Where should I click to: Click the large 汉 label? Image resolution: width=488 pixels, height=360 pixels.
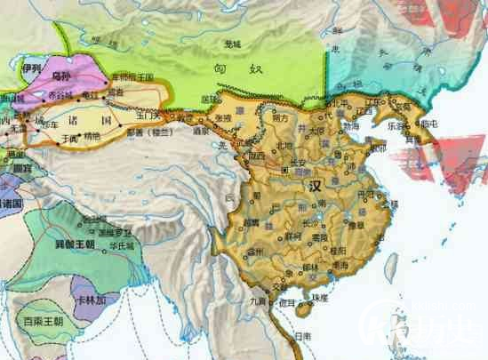314,188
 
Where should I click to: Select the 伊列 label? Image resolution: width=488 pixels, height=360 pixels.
32,67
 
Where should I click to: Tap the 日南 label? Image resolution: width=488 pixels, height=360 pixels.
303,336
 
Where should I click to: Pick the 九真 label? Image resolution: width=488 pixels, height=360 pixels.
257,301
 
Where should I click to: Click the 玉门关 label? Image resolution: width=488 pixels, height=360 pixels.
148,115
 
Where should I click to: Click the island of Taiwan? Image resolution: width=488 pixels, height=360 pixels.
390,264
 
